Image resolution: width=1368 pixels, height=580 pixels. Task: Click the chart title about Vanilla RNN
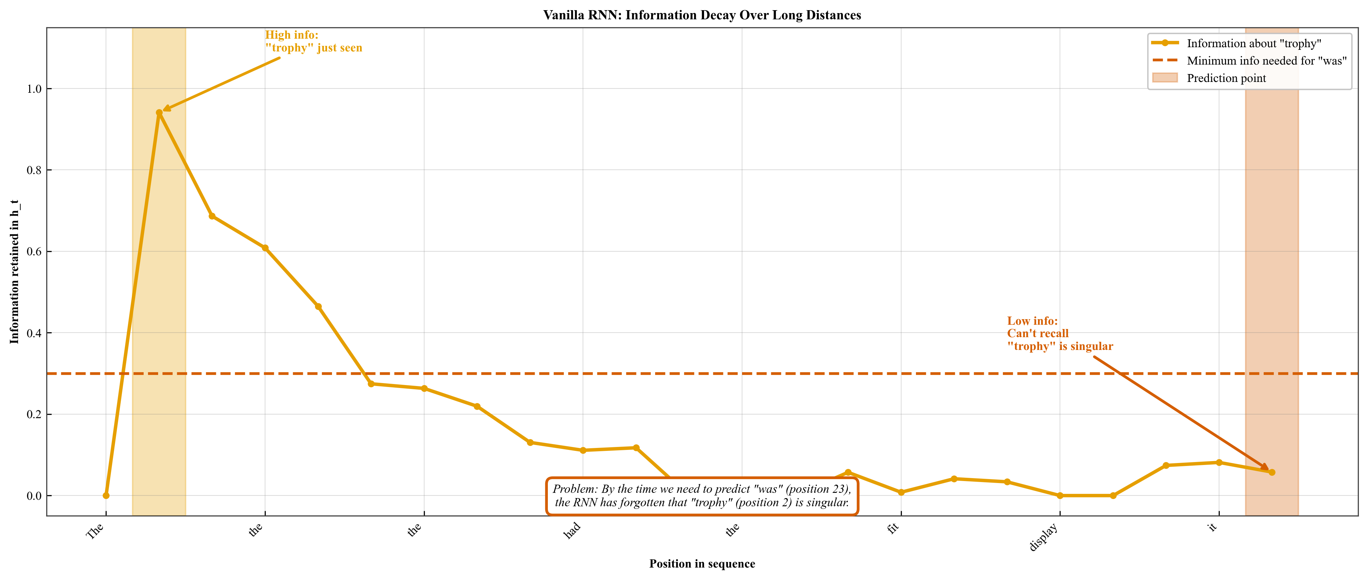(701, 15)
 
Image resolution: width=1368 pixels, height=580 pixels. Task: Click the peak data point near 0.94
(159, 112)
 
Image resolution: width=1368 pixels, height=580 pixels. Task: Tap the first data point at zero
(106, 495)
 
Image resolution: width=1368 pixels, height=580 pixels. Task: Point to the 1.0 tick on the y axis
(34, 88)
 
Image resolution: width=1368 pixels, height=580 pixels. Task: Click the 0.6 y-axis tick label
(34, 252)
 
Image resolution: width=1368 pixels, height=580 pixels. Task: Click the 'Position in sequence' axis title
(701, 564)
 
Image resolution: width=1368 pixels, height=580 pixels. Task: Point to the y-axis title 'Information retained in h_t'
(14, 272)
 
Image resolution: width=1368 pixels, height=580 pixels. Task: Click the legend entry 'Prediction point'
(1226, 78)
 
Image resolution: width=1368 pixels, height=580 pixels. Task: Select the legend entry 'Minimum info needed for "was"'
(1267, 61)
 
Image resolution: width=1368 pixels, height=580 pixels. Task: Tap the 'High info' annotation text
(313, 41)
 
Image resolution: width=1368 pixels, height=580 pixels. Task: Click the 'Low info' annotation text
(1059, 333)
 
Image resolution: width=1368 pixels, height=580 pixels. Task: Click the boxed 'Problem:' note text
(701, 496)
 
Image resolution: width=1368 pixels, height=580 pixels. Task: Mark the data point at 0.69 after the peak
(212, 216)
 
